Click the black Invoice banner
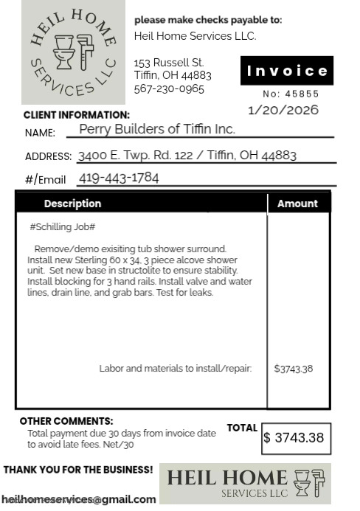click(287, 71)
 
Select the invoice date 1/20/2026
click(284, 110)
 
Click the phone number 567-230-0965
click(169, 89)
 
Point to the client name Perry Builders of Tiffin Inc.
click(157, 129)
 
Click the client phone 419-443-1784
click(118, 178)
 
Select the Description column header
click(72, 204)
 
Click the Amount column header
click(297, 204)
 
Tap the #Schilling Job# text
click(63, 227)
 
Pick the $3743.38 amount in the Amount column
click(294, 369)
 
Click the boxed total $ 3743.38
click(294, 438)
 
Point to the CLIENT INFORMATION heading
click(77, 115)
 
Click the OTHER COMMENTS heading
click(66, 421)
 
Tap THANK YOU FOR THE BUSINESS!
click(79, 470)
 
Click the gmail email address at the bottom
click(79, 499)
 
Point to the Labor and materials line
click(176, 369)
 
